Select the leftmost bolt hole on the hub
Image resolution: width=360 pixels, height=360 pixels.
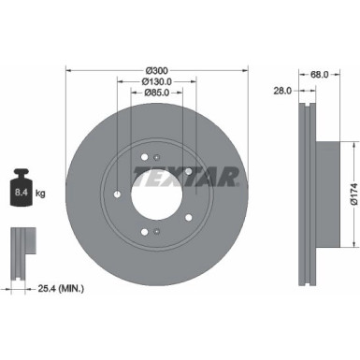pos(115,194)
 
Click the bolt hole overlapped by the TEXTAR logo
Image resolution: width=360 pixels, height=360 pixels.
pos(188,171)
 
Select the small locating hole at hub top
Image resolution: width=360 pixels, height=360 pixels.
pos(156,152)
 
